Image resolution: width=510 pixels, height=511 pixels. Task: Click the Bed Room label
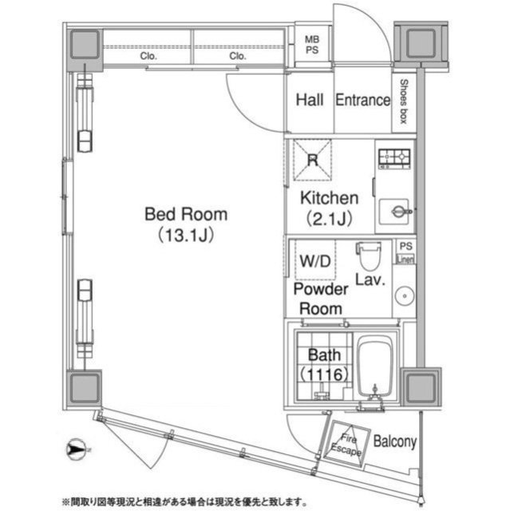(x=185, y=215)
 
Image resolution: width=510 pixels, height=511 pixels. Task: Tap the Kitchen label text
(x=329, y=198)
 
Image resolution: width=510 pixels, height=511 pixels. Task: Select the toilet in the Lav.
(x=369, y=256)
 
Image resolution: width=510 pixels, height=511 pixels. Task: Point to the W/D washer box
(x=311, y=259)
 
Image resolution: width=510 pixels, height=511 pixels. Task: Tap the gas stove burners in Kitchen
(x=393, y=159)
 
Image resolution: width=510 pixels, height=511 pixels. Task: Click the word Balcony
(x=393, y=442)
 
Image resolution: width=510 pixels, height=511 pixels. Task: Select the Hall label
(x=310, y=101)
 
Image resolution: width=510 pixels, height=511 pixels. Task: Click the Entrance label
(x=362, y=101)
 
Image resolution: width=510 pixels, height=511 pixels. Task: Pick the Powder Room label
(x=319, y=299)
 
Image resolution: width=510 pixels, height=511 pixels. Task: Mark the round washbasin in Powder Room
(x=403, y=294)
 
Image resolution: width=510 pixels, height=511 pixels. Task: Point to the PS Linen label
(x=406, y=252)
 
